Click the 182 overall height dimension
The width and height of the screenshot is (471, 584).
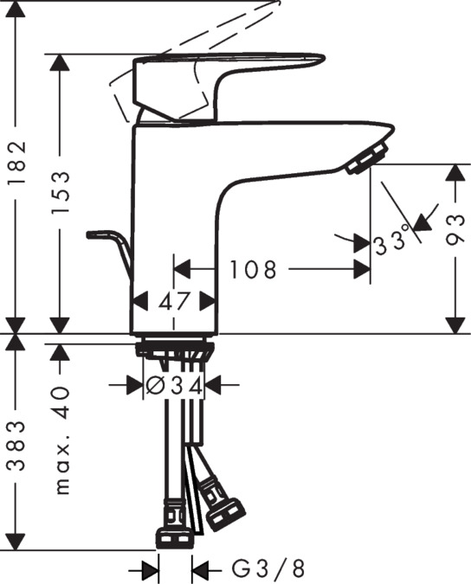click(x=17, y=163)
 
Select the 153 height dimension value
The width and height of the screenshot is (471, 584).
click(x=61, y=192)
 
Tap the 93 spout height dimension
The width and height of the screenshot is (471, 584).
click(x=455, y=229)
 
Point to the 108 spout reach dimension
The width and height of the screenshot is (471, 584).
click(x=253, y=269)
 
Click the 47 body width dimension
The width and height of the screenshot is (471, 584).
click(x=174, y=301)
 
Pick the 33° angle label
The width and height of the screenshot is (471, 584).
click(x=392, y=241)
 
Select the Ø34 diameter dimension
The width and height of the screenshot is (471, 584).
click(x=174, y=386)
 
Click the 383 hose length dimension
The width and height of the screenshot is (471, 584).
click(x=17, y=446)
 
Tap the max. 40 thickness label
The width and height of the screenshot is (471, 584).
click(x=61, y=440)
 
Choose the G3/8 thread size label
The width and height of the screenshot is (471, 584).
click(x=268, y=568)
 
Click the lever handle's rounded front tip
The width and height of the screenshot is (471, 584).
click(x=320, y=59)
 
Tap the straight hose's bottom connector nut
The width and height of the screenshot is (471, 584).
click(x=173, y=539)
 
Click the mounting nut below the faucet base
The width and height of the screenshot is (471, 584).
click(x=174, y=350)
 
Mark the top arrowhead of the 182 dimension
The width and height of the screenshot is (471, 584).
click(x=16, y=9)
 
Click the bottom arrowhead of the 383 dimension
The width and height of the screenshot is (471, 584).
click(x=16, y=542)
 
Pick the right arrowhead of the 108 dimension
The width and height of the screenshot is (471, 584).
click(x=362, y=269)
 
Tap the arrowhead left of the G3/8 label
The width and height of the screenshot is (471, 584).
click(x=150, y=570)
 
